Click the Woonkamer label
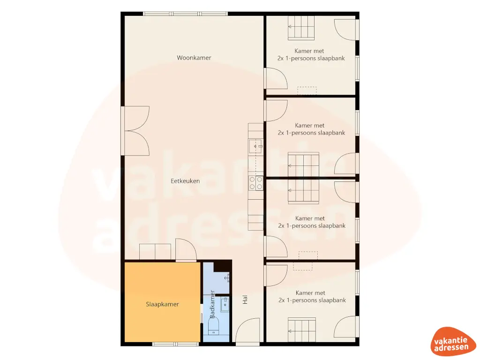(194, 58)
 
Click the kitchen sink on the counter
(256, 146)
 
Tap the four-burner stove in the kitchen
(256, 183)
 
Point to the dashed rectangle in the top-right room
(307, 90)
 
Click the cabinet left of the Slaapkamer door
(155, 251)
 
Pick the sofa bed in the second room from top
(303, 164)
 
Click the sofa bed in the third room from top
(303, 193)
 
